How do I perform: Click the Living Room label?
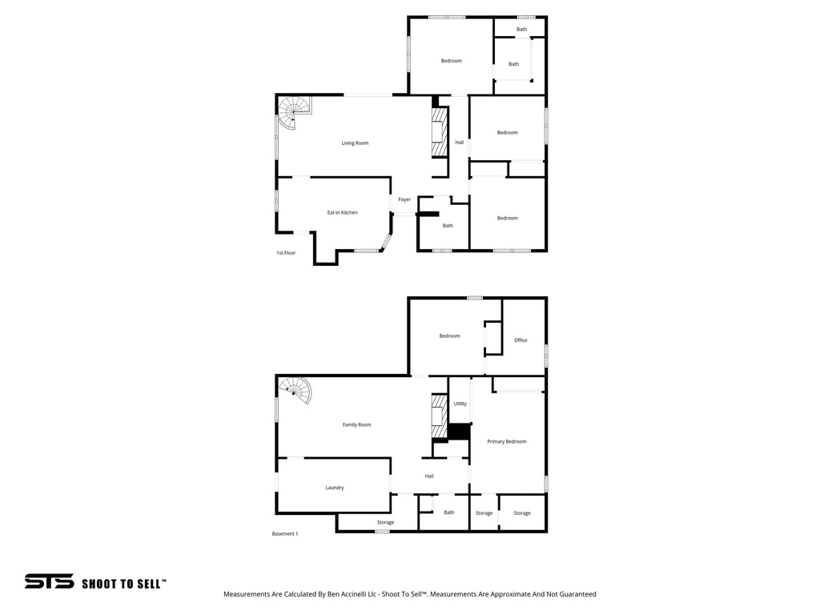pyautogui.click(x=355, y=143)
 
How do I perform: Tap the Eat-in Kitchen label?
pyautogui.click(x=342, y=213)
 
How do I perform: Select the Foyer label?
pyautogui.click(x=404, y=199)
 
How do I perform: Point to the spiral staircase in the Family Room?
pyautogui.click(x=297, y=390)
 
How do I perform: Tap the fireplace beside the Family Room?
pyautogui.click(x=438, y=416)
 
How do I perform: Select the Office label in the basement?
pyautogui.click(x=521, y=340)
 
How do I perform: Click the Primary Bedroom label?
pyautogui.click(x=506, y=441)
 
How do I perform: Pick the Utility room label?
pyautogui.click(x=460, y=404)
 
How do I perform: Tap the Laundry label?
pyautogui.click(x=335, y=488)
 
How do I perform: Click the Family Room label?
pyautogui.click(x=356, y=424)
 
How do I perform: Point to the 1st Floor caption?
pyautogui.click(x=286, y=253)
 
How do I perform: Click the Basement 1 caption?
pyautogui.click(x=284, y=534)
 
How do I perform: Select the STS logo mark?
pyautogui.click(x=49, y=581)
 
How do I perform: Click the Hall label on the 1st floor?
pyautogui.click(x=460, y=143)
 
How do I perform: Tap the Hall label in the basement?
pyautogui.click(x=429, y=476)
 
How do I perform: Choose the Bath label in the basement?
pyautogui.click(x=449, y=512)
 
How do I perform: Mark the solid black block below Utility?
pyautogui.click(x=458, y=432)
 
